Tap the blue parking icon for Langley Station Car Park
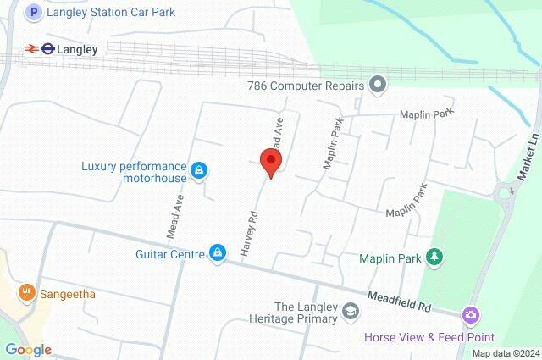[x=33, y=13]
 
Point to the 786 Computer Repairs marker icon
[x=378, y=85]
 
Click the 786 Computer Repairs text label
[x=306, y=85]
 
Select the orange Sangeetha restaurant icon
[x=27, y=294]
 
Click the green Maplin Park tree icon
[x=435, y=257]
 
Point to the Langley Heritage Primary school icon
[x=350, y=313]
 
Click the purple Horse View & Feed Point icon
[x=470, y=315]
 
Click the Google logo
[x=28, y=350]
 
